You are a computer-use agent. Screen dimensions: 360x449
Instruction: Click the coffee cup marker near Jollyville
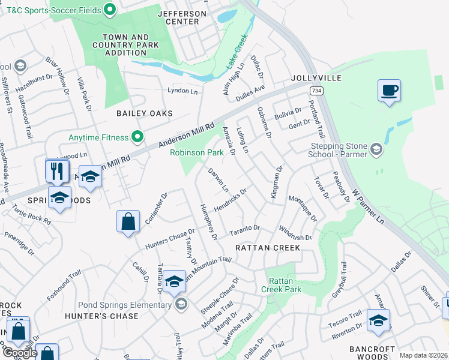coord(389,91)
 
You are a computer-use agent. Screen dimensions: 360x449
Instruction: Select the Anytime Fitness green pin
coord(137,137)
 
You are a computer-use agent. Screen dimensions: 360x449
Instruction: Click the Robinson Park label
coord(197,153)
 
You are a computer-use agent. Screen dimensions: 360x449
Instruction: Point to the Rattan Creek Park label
coord(281,285)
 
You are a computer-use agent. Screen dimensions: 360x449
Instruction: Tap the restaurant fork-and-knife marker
coord(58,170)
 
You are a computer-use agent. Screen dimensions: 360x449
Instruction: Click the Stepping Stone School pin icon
coord(376,148)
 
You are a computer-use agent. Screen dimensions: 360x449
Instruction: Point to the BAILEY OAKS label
coord(145,113)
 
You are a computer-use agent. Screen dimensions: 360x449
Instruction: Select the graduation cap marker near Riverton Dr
coord(378,321)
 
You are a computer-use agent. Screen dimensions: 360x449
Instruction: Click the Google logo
coord(20,353)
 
